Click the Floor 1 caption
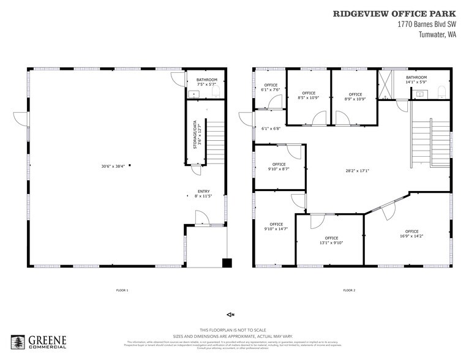pos(122,290)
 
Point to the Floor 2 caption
pos(348,290)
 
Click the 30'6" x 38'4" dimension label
pos(113,166)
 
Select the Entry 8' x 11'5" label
pos(204,193)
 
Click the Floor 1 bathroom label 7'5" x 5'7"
pos(206,83)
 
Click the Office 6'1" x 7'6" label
pos(271,87)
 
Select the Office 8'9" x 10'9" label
pos(355,96)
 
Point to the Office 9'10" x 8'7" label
pos(279,167)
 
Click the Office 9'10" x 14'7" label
pos(275,227)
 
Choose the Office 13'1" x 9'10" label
pos(331,240)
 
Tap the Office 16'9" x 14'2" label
pos(412,233)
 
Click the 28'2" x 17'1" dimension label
pos(357,171)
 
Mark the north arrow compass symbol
pos(230,315)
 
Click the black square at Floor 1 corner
pos(227,263)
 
